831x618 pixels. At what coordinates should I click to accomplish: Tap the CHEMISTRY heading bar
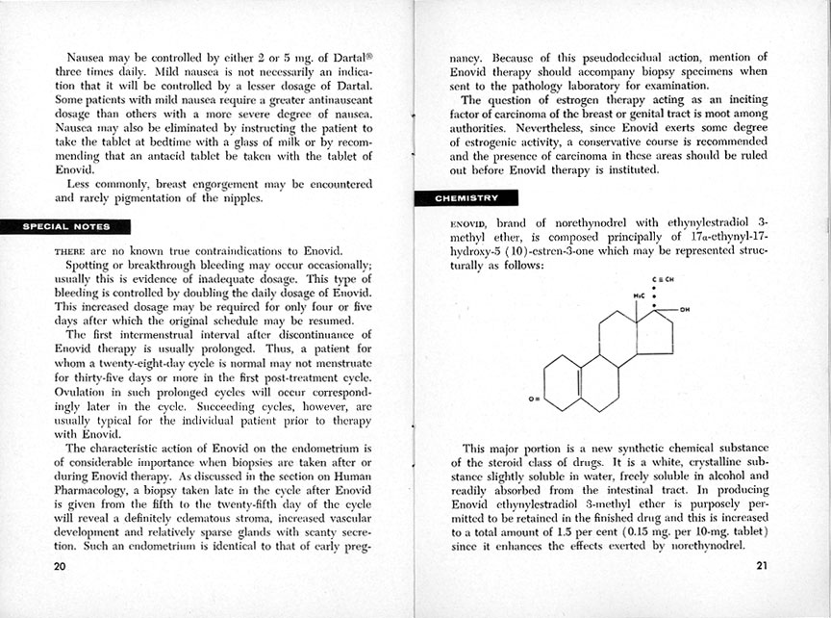[x=466, y=198]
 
